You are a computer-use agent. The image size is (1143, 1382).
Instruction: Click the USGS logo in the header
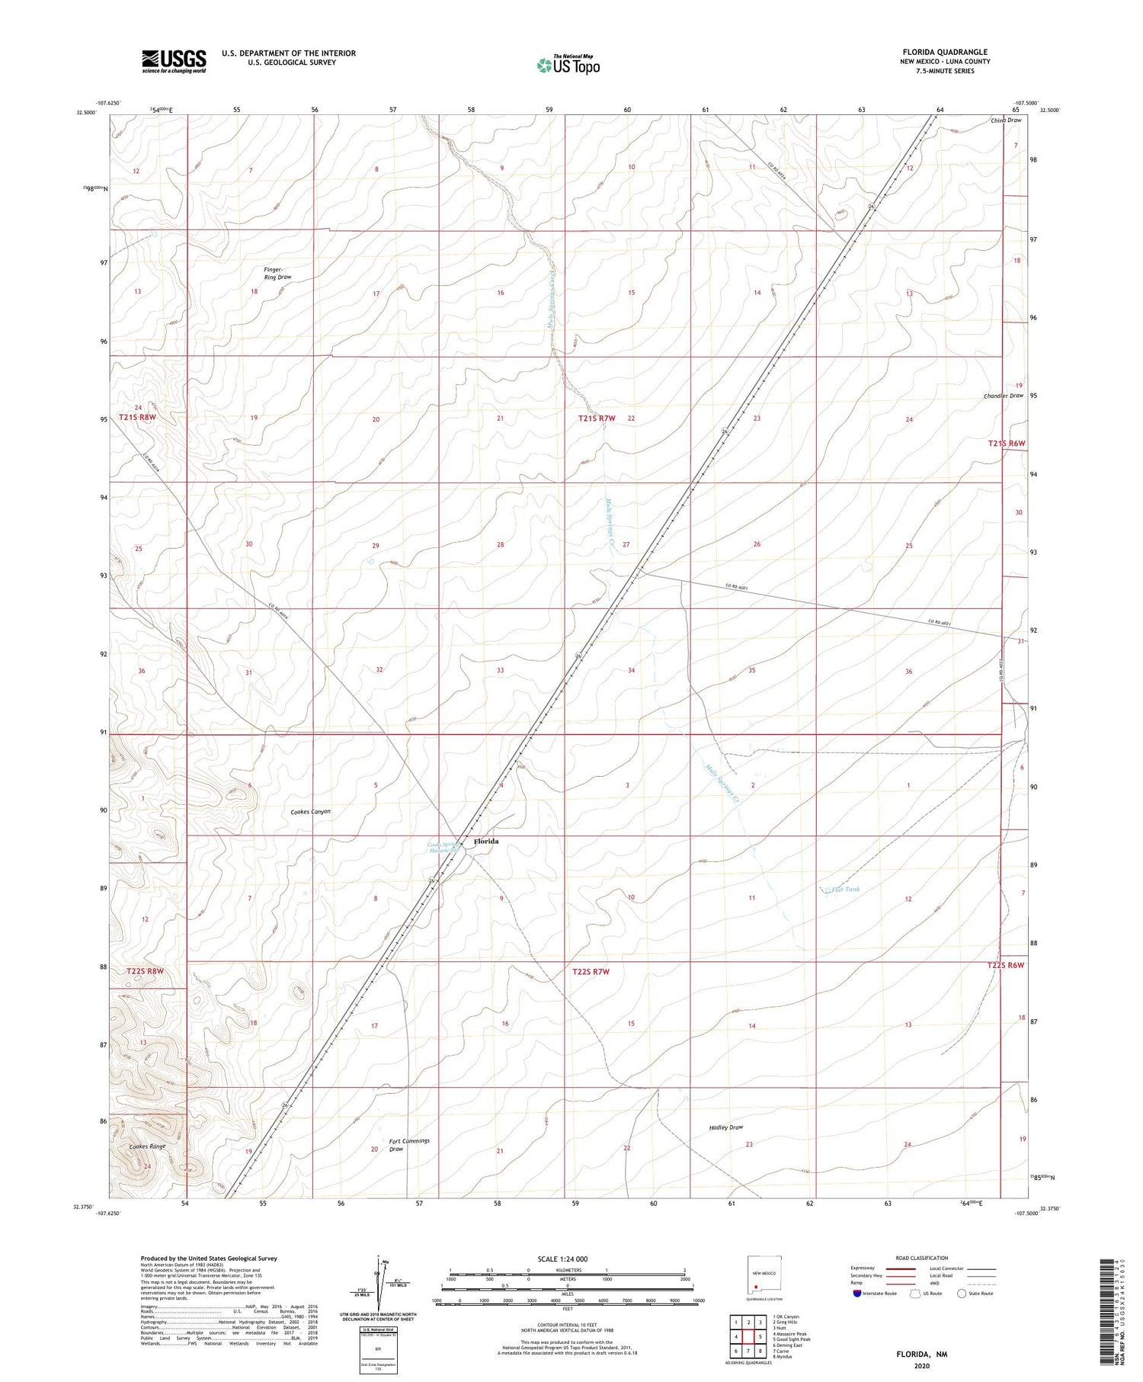(174, 61)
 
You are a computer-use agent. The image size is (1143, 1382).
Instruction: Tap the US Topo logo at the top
(568, 66)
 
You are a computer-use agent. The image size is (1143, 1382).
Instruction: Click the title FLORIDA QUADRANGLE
(945, 52)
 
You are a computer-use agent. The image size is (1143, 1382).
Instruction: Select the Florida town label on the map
(486, 841)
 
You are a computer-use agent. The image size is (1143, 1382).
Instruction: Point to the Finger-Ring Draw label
(277, 273)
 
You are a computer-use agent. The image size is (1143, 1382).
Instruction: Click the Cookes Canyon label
(310, 812)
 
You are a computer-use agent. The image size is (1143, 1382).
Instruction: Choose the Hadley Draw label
(725, 1127)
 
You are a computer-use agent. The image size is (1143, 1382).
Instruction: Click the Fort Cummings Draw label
(409, 1144)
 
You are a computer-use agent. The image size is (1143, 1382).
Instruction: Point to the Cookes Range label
(147, 1146)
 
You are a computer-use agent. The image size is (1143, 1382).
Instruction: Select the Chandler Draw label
(1003, 396)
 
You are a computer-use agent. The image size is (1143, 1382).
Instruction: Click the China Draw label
(1006, 120)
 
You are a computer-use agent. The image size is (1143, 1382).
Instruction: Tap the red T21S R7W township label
(596, 418)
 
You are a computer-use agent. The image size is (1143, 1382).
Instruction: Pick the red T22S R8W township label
(142, 971)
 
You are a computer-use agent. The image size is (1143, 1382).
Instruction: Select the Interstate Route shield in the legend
(857, 1294)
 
